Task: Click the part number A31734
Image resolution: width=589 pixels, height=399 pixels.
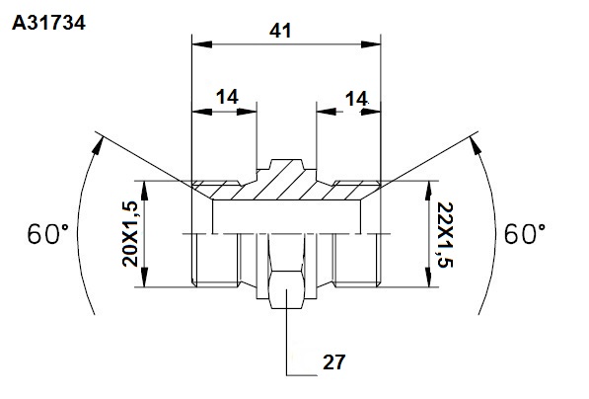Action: [48, 23]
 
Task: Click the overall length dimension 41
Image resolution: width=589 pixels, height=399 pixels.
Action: [280, 31]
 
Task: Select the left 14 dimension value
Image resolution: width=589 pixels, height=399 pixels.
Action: [227, 97]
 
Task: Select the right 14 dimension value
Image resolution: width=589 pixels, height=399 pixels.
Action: [356, 99]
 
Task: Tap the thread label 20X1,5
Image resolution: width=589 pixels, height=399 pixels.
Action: [130, 234]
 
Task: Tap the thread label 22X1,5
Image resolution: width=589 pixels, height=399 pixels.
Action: [446, 235]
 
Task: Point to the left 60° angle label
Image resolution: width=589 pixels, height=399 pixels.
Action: [48, 234]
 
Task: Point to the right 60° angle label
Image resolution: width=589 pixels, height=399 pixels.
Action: [525, 234]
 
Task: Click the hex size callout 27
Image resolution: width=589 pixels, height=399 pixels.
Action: [333, 362]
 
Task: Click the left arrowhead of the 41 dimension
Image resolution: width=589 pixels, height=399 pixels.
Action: [201, 44]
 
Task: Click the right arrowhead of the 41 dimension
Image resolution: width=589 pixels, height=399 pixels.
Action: [371, 44]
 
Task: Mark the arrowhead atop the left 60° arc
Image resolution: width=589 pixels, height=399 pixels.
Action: [98, 145]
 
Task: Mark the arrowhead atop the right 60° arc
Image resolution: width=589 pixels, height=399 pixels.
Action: [476, 145]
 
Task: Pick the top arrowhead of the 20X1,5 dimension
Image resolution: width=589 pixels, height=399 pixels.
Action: [145, 191]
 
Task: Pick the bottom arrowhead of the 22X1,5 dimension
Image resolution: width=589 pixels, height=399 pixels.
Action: [428, 278]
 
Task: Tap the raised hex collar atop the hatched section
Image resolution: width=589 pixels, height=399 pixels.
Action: [287, 164]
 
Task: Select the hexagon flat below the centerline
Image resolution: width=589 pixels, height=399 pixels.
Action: [287, 289]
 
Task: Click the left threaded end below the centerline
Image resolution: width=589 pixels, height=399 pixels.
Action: [215, 260]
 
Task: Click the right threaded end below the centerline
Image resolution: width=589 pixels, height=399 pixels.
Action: [357, 260]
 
